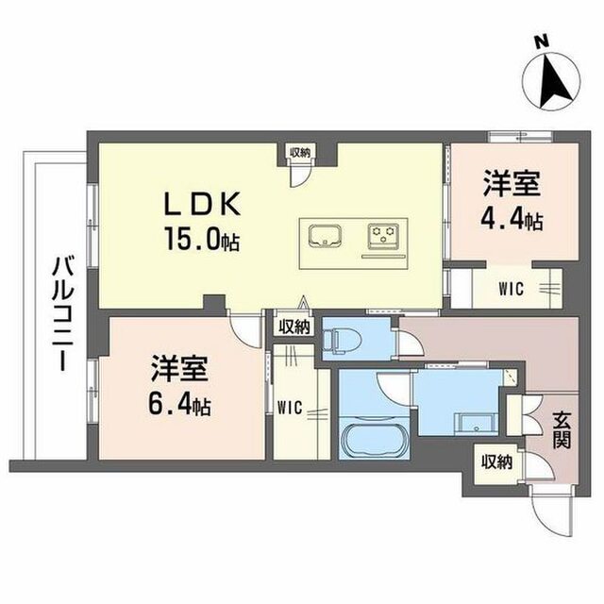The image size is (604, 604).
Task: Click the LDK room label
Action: pos(202,203)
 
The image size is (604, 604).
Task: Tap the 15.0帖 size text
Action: pos(202,239)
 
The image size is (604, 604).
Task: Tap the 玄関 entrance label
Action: pos(562,430)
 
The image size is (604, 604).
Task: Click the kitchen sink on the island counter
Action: pos(325,236)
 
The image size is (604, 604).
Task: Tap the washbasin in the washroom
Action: pos(476,424)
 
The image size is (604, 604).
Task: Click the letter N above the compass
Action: pos(542,42)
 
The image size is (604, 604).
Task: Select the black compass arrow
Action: pos(556,81)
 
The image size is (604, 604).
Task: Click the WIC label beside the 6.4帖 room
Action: pos(291,408)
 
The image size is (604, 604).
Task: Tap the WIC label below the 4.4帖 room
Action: pos(512,289)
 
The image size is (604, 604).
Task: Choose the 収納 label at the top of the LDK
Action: pos(300,152)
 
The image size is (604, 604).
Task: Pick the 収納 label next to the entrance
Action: pos(497,461)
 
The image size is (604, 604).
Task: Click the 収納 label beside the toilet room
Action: pos(294,327)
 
